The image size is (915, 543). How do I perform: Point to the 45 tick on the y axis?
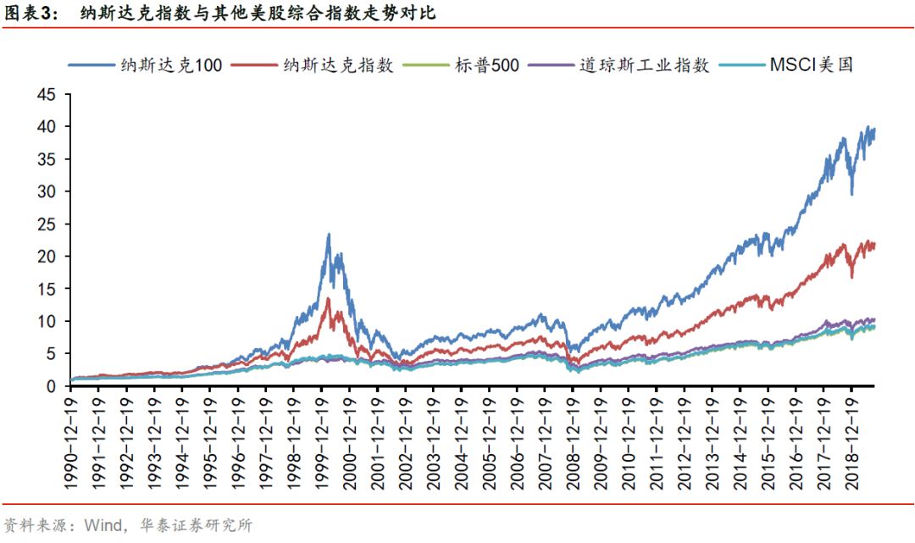click(49, 95)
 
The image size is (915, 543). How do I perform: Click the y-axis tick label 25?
click(49, 224)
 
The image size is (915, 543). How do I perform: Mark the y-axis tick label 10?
click(49, 322)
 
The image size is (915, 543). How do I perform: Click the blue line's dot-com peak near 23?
click(328, 235)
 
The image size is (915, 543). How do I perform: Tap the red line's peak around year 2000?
click(328, 298)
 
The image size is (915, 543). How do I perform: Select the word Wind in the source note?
click(101, 525)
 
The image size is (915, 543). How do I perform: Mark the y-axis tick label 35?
click(49, 159)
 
